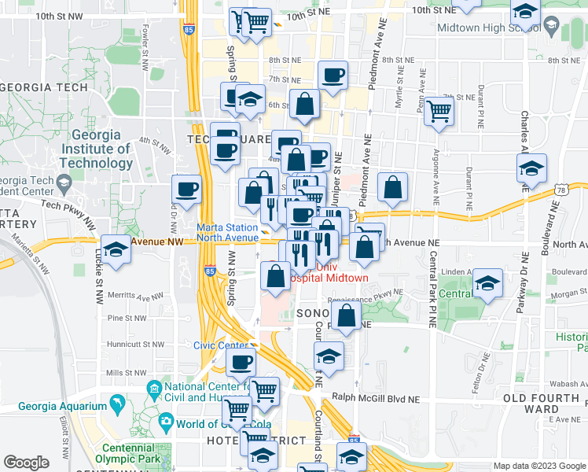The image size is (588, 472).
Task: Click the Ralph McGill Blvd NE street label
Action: (x=376, y=398)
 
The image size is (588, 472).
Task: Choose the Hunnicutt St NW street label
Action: (x=136, y=344)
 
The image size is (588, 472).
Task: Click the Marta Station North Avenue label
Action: (x=227, y=232)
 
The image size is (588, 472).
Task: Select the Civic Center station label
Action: (x=221, y=345)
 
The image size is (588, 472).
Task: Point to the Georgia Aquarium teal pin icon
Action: (x=117, y=404)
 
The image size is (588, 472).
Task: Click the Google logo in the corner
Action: (x=26, y=463)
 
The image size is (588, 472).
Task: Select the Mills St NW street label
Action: (x=124, y=373)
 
